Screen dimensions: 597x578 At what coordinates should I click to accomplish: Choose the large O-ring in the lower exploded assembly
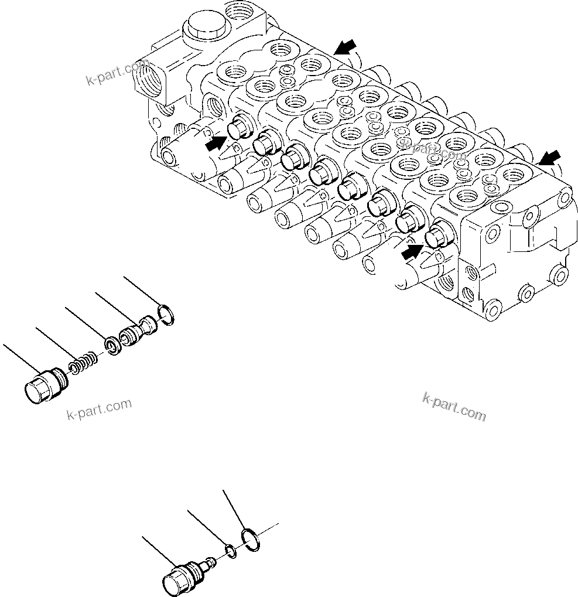pos(252,538)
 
